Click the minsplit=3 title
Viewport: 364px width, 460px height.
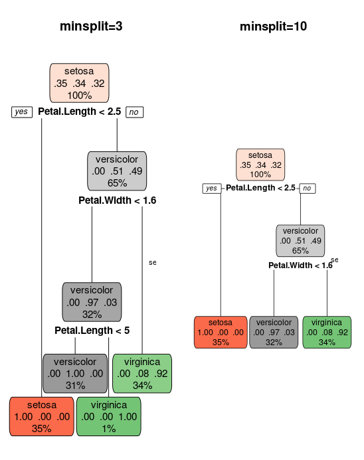(91, 27)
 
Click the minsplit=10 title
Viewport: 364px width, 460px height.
(273, 27)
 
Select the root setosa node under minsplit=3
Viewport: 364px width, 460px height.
(79, 83)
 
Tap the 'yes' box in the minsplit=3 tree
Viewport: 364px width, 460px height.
(22, 112)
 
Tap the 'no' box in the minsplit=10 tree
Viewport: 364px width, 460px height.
(308, 189)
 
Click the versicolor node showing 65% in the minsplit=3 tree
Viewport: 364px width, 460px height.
(117, 171)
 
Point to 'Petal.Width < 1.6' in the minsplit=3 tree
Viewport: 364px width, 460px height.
(117, 200)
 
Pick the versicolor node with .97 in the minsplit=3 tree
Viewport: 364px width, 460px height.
(92, 302)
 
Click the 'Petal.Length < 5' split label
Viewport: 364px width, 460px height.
(92, 331)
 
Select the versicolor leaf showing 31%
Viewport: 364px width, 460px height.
(75, 374)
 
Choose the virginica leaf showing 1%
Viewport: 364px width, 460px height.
(109, 417)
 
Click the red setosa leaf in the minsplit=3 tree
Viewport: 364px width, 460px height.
(42, 417)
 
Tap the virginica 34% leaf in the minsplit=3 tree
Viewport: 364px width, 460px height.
(142, 374)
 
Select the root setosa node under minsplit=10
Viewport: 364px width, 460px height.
(260, 165)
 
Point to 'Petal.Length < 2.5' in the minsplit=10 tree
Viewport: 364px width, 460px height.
(260, 188)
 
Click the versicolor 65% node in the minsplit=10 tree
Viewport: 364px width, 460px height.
(300, 241)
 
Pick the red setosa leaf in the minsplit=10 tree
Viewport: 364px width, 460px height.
(221, 333)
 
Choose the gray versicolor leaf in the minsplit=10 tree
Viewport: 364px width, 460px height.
(274, 333)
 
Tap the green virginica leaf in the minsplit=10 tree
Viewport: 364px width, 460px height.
(327, 333)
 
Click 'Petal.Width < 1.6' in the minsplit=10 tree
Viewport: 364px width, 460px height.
(300, 266)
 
